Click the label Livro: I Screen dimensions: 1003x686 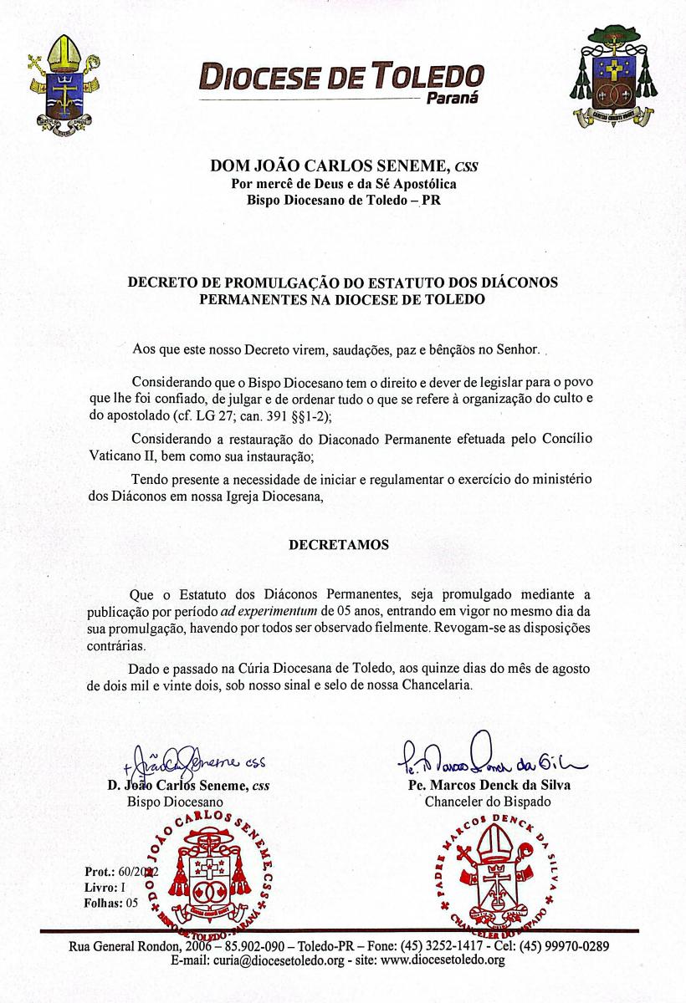(105, 888)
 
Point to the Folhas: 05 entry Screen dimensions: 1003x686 (115, 903)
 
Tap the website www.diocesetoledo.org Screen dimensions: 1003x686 (434, 960)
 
